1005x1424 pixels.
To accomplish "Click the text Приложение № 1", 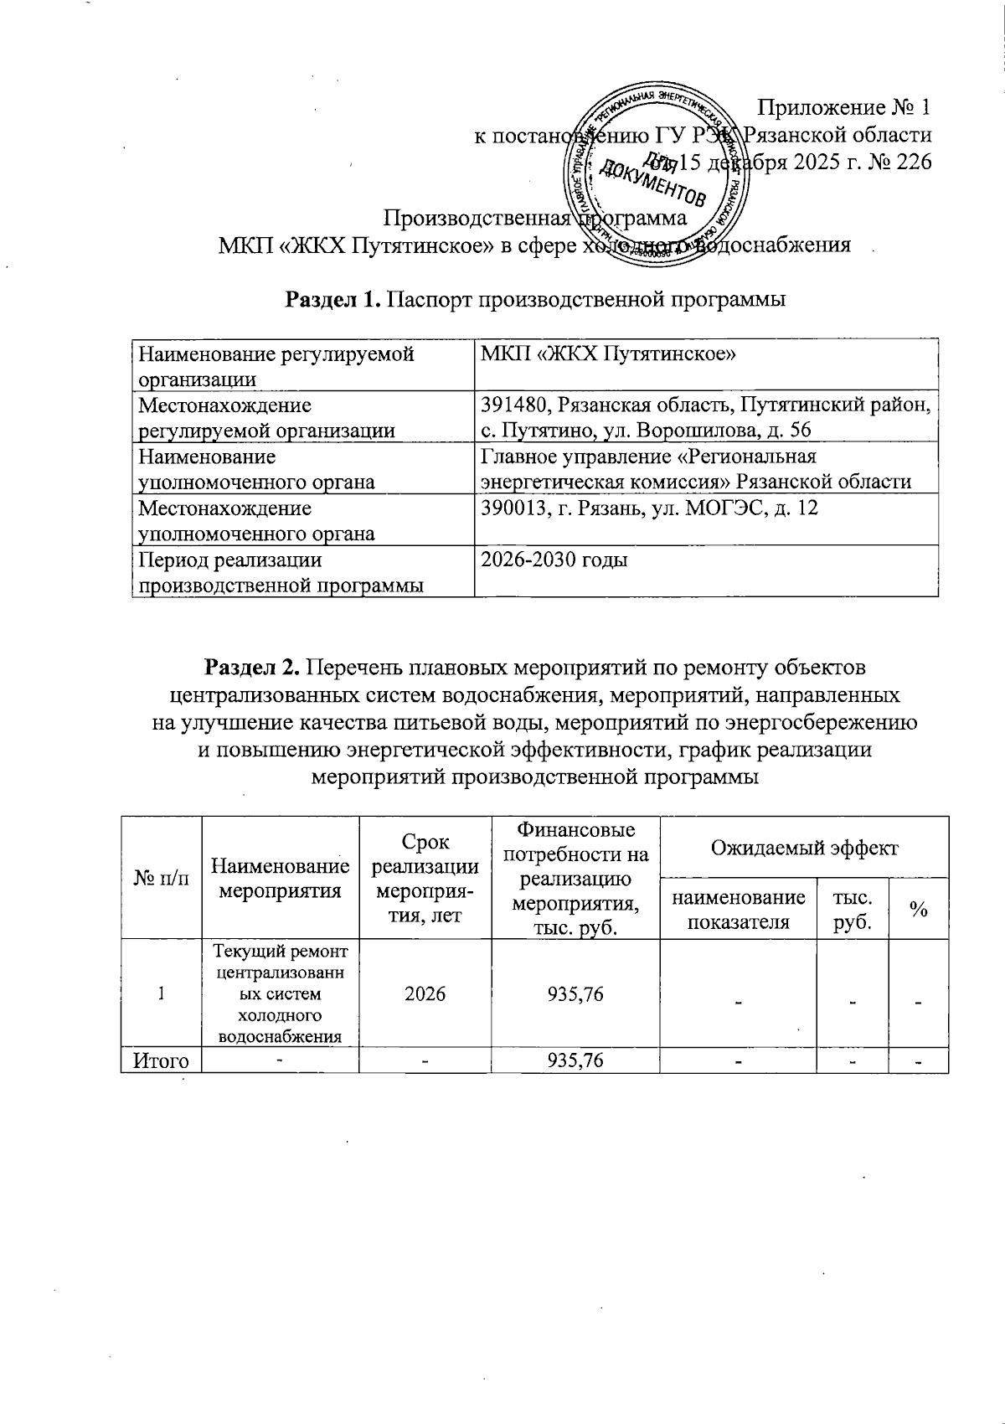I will click(843, 108).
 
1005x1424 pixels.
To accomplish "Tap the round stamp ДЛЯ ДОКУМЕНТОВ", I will click(655, 174).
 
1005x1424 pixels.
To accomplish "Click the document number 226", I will click(914, 162).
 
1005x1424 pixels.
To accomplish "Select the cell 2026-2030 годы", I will click(554, 559).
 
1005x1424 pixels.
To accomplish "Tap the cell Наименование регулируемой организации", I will click(276, 366).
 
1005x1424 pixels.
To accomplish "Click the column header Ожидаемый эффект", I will click(803, 847).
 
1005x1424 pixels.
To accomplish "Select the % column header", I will click(918, 910).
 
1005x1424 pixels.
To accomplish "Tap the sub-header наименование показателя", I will click(738, 909).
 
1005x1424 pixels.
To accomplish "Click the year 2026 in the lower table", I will click(424, 993).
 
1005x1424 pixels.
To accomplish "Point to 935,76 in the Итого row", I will click(575, 1060).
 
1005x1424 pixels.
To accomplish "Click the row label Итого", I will click(161, 1060).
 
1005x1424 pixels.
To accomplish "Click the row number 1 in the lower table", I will click(160, 993).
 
